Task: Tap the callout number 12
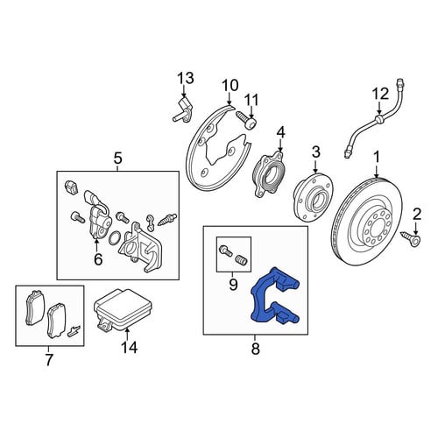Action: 380,94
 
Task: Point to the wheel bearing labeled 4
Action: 268,174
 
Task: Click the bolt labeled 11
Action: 246,120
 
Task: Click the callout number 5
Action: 117,159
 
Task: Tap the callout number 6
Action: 98,259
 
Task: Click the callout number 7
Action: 49,359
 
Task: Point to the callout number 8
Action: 256,349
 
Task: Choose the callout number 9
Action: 233,285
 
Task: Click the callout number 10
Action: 230,86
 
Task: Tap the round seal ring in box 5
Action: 114,237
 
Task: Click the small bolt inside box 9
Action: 225,251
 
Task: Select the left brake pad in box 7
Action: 35,307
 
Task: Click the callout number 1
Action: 377,158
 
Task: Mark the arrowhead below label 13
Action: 184,95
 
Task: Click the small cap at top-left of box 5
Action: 70,187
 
